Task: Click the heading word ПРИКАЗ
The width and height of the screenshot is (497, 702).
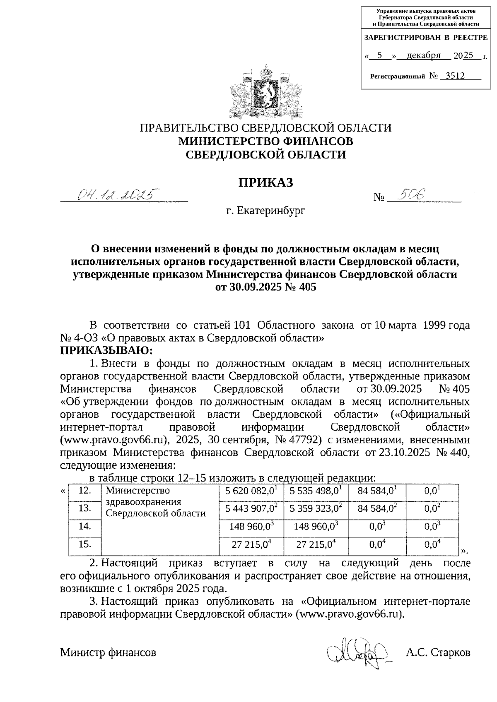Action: click(x=265, y=182)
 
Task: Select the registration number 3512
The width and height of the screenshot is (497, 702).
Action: click(x=453, y=76)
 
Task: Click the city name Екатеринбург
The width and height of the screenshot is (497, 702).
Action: click(x=265, y=211)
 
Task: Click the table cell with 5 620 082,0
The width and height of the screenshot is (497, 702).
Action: click(x=251, y=492)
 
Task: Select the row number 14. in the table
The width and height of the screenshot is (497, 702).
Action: click(x=85, y=526)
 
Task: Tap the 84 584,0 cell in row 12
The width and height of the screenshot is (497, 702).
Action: click(x=376, y=492)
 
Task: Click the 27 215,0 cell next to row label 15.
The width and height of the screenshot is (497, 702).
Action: click(x=251, y=545)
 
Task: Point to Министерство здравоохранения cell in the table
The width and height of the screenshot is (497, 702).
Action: click(x=155, y=502)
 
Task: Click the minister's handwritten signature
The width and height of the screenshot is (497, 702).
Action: click(x=357, y=653)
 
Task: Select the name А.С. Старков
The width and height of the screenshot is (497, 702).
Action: click(x=438, y=653)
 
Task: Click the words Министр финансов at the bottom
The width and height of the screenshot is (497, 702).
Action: click(x=109, y=653)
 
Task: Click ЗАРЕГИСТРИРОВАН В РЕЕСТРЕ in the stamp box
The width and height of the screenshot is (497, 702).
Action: click(x=426, y=38)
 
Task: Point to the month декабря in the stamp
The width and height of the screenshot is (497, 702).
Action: click(x=423, y=55)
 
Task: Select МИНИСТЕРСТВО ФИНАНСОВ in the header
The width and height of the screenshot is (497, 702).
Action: click(x=265, y=141)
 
